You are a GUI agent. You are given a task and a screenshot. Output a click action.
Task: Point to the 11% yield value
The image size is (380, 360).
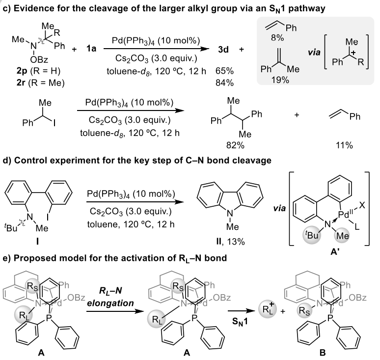[338, 145]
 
